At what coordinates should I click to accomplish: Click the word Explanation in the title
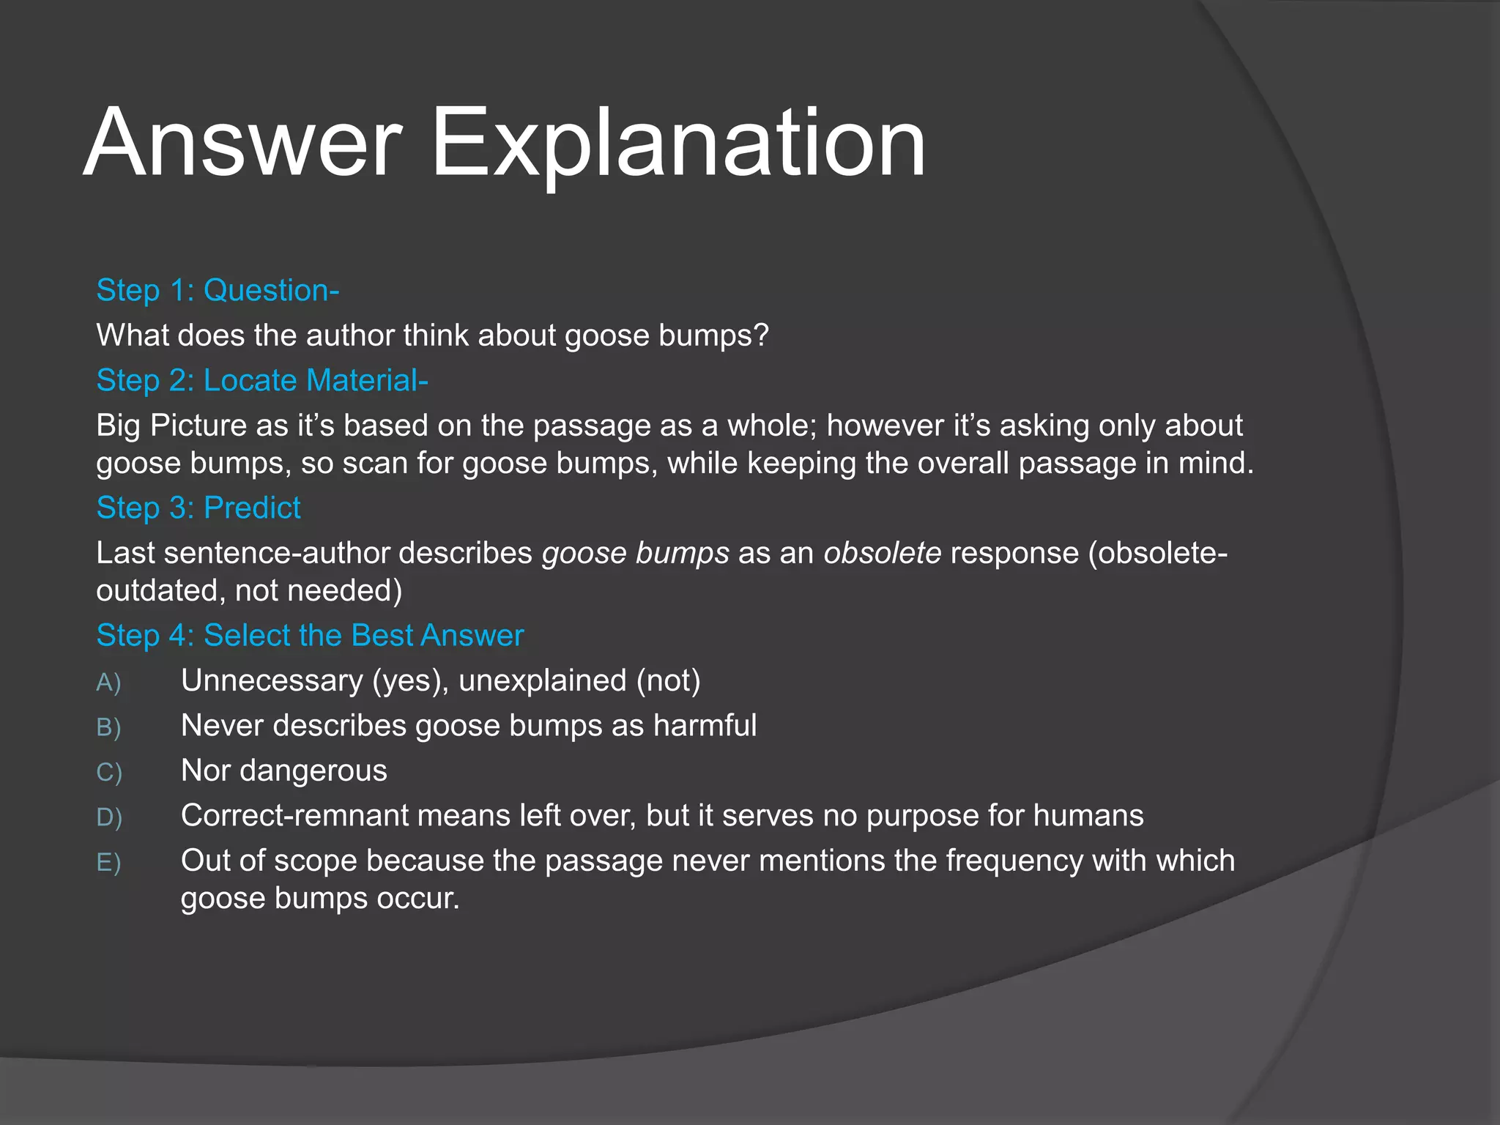click(678, 143)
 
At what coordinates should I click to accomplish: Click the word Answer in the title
click(242, 143)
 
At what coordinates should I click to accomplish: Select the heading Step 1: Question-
click(218, 291)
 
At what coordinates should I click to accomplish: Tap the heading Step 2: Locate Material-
click(261, 381)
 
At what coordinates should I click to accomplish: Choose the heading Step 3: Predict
click(198, 508)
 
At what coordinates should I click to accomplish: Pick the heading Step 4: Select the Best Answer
click(310, 636)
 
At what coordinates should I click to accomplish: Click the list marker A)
click(108, 683)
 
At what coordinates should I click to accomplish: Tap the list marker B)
click(108, 727)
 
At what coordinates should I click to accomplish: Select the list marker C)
click(108, 773)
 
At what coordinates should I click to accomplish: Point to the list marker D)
click(108, 817)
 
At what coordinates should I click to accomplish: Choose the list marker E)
click(108, 863)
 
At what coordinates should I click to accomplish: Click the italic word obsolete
click(882, 553)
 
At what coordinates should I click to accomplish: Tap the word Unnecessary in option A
click(272, 681)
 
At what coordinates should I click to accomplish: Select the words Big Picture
click(171, 426)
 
